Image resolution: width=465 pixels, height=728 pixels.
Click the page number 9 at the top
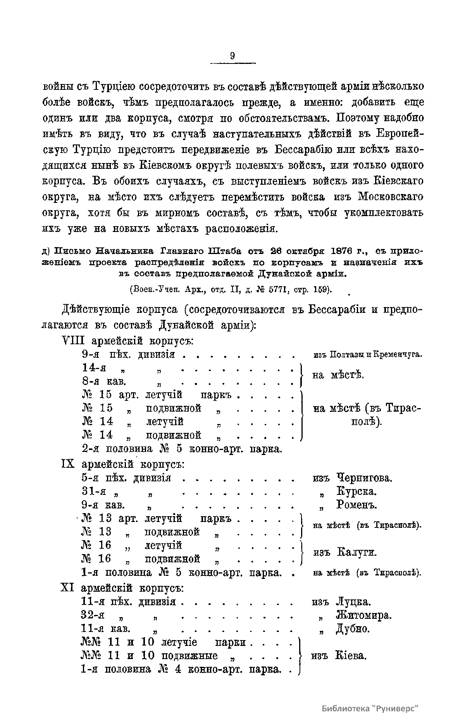(232, 55)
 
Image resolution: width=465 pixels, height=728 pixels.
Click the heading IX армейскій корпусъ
(122, 464)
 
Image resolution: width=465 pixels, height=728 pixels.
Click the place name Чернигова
(364, 478)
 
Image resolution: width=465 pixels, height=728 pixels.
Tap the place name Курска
(356, 492)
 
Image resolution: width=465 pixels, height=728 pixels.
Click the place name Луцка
(353, 602)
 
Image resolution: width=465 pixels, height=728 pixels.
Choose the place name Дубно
(353, 629)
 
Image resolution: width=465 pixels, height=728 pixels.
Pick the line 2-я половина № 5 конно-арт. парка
(181, 449)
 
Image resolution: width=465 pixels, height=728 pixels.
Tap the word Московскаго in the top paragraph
(390, 197)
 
